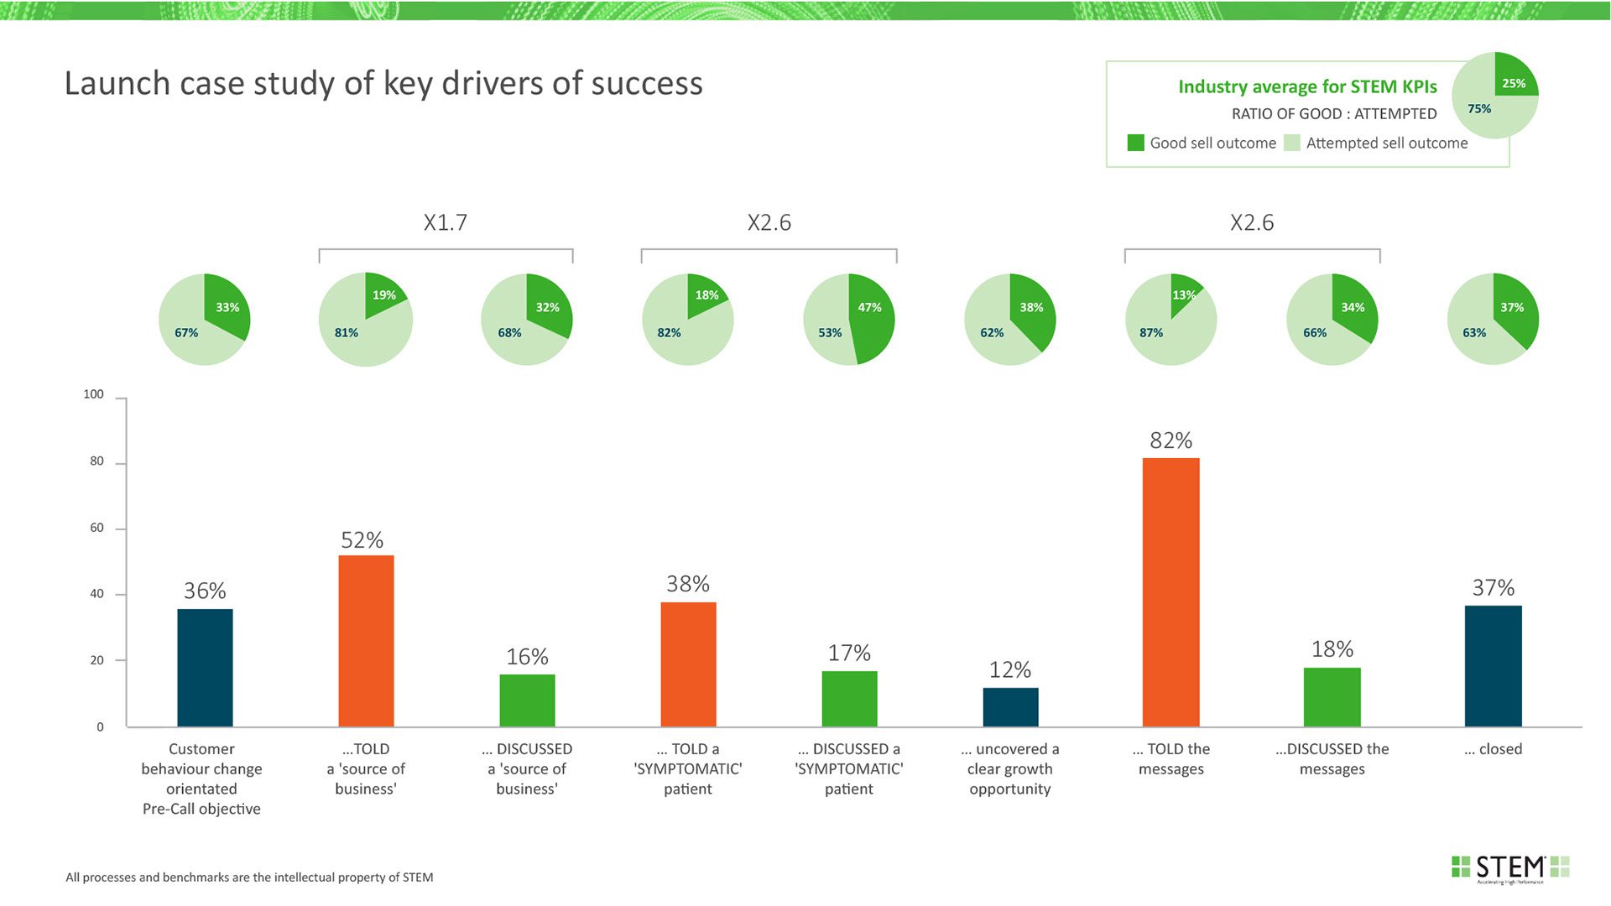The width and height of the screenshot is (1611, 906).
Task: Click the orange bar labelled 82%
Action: tap(1170, 591)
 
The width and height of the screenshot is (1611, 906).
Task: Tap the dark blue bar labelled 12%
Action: tap(1010, 706)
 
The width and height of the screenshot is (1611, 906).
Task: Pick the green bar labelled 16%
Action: tap(527, 700)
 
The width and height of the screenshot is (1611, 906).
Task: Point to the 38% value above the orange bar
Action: tap(688, 584)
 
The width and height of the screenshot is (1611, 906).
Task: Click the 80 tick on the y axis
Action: tap(97, 461)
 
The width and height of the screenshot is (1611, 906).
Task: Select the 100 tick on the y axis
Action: tap(94, 394)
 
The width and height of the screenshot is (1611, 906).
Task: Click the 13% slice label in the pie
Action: tap(1184, 295)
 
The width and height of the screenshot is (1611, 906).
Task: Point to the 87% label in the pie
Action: tap(1151, 333)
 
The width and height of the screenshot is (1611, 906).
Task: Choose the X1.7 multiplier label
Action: tap(445, 222)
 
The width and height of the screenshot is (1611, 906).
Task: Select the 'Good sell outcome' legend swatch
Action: tap(1135, 143)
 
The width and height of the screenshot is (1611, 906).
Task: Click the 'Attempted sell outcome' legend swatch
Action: tap(1291, 143)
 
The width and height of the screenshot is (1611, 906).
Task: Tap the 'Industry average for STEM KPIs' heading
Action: tap(1307, 86)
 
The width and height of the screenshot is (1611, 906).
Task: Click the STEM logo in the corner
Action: tap(1510, 868)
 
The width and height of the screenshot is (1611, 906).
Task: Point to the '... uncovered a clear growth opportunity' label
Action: tap(1010, 768)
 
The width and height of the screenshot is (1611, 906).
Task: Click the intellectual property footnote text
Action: tap(249, 877)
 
